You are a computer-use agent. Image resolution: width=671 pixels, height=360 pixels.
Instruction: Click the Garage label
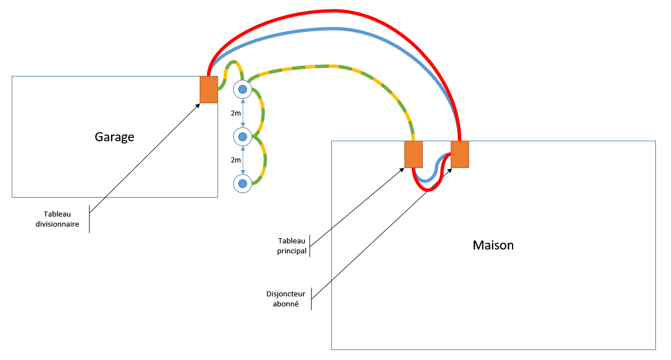click(x=114, y=137)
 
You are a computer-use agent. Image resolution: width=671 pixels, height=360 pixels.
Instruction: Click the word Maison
click(x=493, y=245)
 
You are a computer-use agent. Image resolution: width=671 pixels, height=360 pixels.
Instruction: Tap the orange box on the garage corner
click(x=209, y=90)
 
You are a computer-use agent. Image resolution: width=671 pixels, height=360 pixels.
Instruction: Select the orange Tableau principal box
click(x=413, y=155)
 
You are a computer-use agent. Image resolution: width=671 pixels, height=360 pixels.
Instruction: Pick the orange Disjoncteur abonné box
click(x=460, y=155)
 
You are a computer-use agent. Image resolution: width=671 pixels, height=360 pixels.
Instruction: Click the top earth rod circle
click(x=243, y=89)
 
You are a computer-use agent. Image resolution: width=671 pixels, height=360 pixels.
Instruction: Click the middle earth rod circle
click(x=243, y=137)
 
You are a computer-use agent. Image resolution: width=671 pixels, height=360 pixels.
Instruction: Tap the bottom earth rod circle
click(x=243, y=184)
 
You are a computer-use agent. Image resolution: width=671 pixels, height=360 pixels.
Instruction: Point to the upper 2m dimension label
click(x=236, y=113)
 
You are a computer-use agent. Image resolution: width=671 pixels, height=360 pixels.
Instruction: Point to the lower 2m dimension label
click(x=236, y=160)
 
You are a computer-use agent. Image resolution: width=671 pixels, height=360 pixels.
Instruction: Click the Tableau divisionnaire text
click(x=57, y=219)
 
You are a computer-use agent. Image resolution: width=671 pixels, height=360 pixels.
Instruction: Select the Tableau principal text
click(x=292, y=246)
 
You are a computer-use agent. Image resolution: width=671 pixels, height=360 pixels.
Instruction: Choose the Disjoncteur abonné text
click(x=286, y=299)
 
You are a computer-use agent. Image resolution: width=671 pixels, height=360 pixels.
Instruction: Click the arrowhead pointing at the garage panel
click(x=197, y=105)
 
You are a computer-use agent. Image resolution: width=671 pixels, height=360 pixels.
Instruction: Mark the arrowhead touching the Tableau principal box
click(x=402, y=170)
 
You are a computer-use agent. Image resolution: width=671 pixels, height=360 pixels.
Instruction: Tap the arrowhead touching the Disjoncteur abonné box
click(x=450, y=171)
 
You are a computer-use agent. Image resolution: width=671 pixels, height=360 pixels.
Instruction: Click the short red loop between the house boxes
click(x=429, y=190)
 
